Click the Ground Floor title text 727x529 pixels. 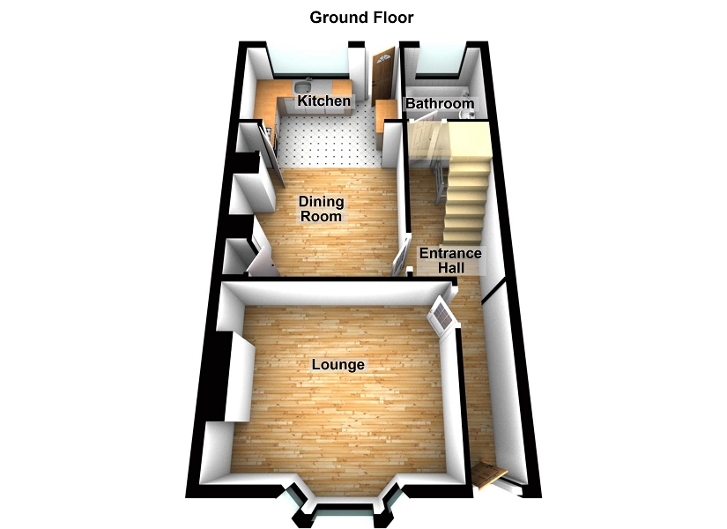[361, 17]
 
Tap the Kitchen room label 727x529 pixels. [323, 101]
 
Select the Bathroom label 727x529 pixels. [439, 104]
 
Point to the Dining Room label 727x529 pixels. [321, 209]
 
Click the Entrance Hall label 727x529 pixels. [449, 259]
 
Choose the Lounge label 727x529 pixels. [339, 364]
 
